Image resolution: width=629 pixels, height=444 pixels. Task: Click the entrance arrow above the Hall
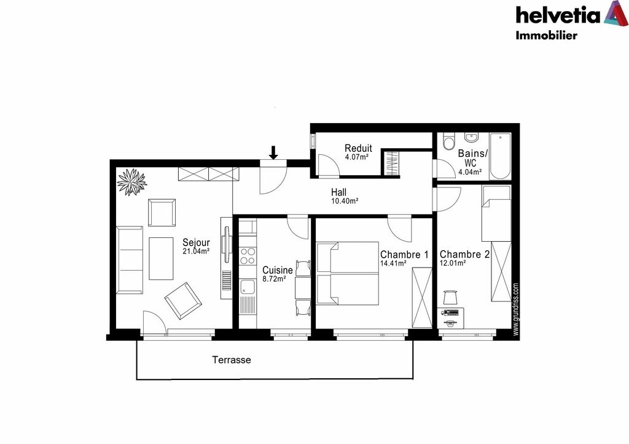pos(273,152)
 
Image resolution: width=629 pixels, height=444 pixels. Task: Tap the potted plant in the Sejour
pos(132,182)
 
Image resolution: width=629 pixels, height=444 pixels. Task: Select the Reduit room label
pos(358,148)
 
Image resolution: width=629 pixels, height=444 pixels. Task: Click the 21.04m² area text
pos(196,252)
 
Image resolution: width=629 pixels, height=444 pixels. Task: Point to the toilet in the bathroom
pos(448,141)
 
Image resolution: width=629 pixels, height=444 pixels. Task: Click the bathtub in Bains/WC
pos(500,157)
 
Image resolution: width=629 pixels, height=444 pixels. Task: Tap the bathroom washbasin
pos(472,137)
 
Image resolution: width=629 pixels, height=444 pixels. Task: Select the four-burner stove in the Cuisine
pos(248,256)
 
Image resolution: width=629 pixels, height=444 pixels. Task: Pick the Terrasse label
pos(232,360)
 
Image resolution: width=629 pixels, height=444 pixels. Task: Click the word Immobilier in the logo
pos(546,35)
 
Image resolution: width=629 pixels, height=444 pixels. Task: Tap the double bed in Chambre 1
pos(348,273)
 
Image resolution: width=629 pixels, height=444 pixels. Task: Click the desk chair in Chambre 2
pos(451,298)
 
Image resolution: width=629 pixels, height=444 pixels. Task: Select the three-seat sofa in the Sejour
pos(130,260)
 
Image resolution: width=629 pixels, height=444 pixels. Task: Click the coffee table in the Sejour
pos(162,258)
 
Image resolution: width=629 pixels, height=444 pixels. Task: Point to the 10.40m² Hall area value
pos(345,201)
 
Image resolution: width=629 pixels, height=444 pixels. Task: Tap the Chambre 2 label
pos(464,254)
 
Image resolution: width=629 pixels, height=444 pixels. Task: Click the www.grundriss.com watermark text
pos(516,309)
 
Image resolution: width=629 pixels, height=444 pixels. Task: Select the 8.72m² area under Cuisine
pos(274,279)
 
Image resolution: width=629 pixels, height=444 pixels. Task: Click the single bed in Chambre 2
pos(496,213)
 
